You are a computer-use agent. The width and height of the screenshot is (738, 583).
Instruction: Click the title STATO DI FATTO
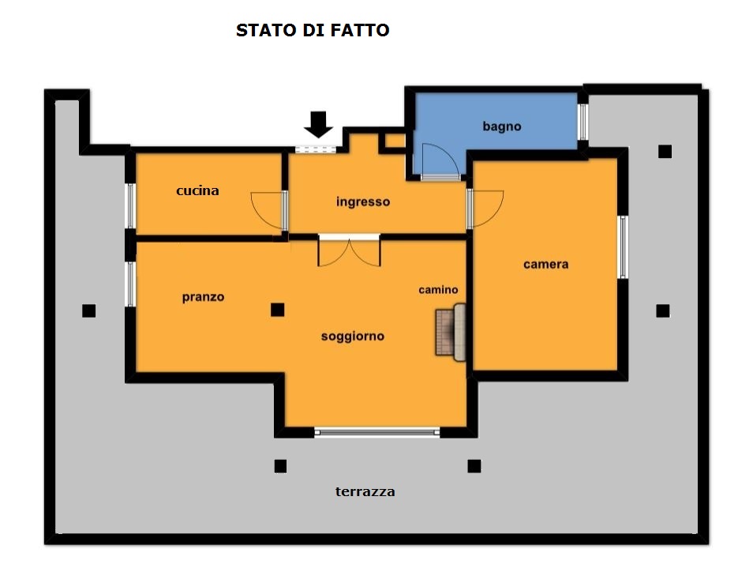pyautogui.click(x=313, y=30)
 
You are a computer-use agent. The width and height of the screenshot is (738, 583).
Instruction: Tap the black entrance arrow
pyautogui.click(x=319, y=124)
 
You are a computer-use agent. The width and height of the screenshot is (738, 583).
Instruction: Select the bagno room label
pyautogui.click(x=502, y=126)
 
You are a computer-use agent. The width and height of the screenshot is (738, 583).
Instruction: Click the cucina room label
pyautogui.click(x=197, y=190)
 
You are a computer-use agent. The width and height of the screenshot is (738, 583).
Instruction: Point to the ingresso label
pyautogui.click(x=363, y=202)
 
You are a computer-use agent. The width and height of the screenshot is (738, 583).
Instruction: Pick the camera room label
pyautogui.click(x=545, y=264)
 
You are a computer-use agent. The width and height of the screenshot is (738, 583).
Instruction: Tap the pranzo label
pyautogui.click(x=203, y=297)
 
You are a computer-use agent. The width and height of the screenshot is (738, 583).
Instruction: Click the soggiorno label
pyautogui.click(x=353, y=337)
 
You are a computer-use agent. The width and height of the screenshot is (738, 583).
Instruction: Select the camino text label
pyautogui.click(x=438, y=290)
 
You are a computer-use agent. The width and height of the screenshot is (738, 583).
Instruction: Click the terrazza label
pyautogui.click(x=365, y=491)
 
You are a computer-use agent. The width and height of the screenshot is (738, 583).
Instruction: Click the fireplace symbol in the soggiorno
pyautogui.click(x=451, y=332)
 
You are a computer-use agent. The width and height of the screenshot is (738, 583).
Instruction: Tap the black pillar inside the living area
pyautogui.click(x=277, y=310)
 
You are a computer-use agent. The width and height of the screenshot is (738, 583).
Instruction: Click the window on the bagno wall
pyautogui.click(x=583, y=122)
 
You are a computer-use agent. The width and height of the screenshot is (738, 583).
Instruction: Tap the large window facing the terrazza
pyautogui.click(x=377, y=432)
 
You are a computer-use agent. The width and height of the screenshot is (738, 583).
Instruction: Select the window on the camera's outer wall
pyautogui.click(x=623, y=247)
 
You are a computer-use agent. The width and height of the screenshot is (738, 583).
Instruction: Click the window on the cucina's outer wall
pyautogui.click(x=130, y=206)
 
